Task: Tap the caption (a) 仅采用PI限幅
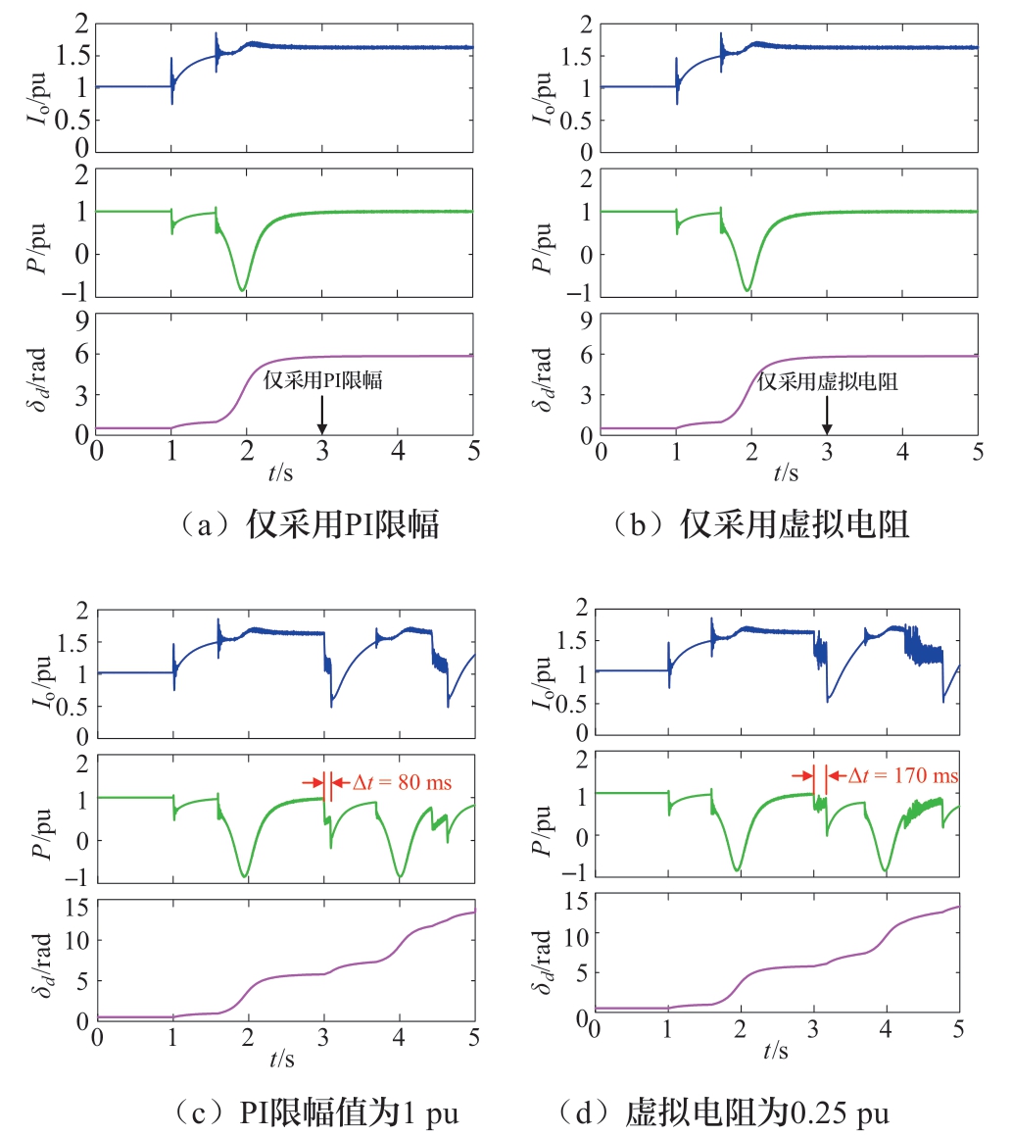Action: click(271, 525)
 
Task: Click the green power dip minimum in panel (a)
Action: click(242, 290)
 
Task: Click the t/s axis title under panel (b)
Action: click(785, 473)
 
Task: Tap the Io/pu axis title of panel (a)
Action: click(36, 84)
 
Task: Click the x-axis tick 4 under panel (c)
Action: click(399, 1037)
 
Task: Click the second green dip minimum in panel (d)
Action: click(886, 870)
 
